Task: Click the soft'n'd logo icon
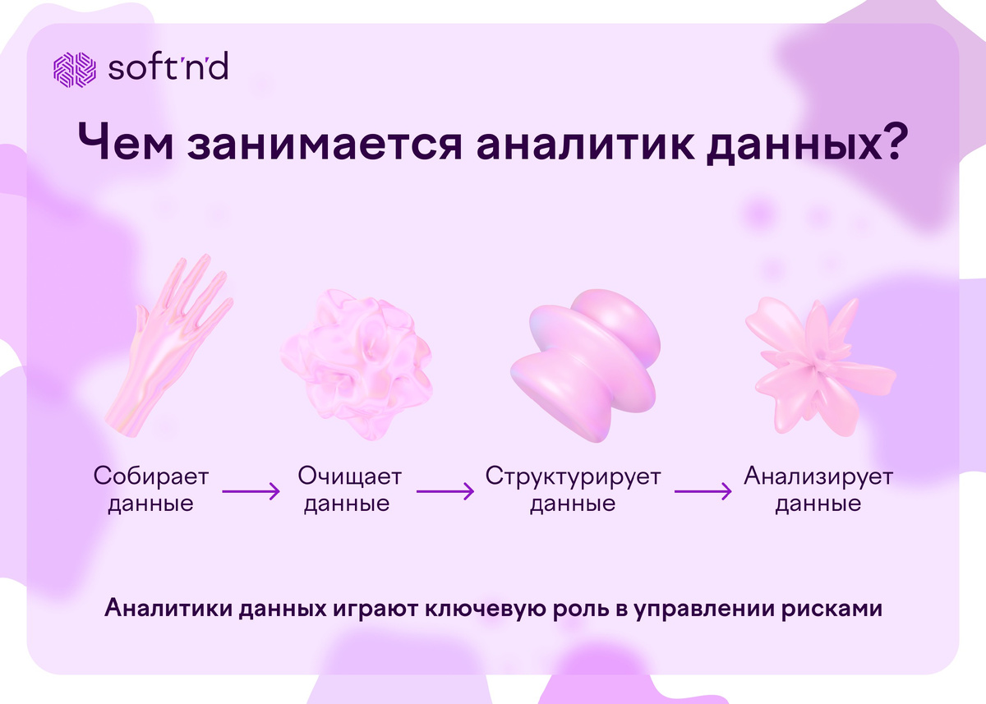(76, 70)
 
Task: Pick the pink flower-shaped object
(809, 361)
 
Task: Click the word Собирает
(151, 476)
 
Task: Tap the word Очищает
(350, 476)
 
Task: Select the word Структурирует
(573, 476)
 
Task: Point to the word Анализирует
(818, 476)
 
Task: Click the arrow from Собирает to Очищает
(251, 492)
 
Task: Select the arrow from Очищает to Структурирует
(445, 492)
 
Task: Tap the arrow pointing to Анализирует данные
(703, 492)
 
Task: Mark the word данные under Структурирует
(573, 504)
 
